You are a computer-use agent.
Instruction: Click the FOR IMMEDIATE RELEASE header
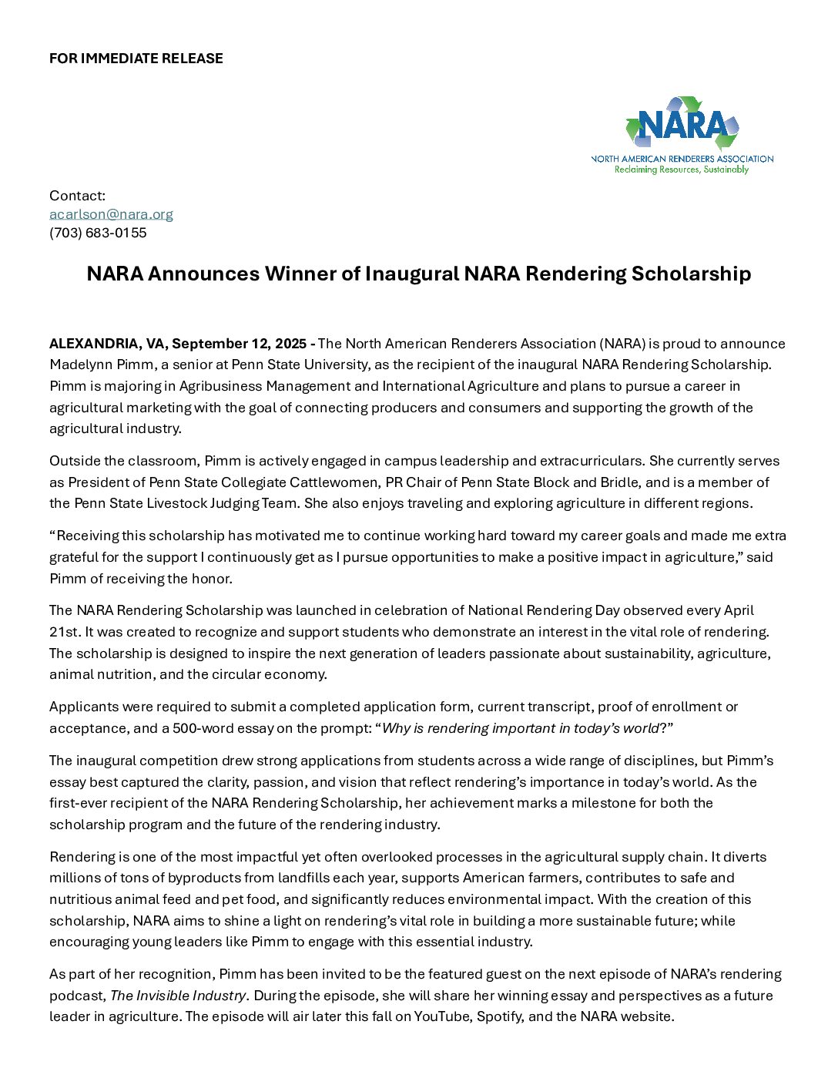coord(136,59)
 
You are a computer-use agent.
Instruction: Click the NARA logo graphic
coord(682,125)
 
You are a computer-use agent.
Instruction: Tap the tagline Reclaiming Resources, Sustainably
coord(682,170)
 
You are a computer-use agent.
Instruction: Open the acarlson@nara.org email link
coord(111,214)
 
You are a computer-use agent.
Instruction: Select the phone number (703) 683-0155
coord(98,233)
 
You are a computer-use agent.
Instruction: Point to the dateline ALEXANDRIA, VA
coord(108,344)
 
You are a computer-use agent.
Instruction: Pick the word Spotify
coord(500,1016)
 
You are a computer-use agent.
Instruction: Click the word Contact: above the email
coord(77,196)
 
